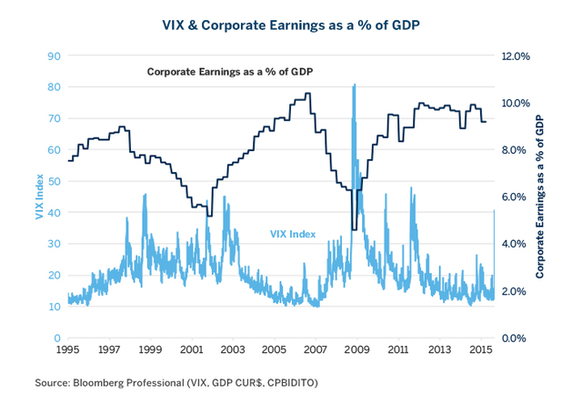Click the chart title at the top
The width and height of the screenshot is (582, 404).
tap(290, 19)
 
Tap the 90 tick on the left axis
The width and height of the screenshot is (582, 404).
tap(54, 56)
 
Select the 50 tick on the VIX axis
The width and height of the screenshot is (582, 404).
tap(54, 181)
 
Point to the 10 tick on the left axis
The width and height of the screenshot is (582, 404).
tap(54, 307)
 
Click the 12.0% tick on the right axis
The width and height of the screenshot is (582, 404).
tap(517, 56)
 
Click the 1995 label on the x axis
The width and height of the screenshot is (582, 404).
tap(68, 349)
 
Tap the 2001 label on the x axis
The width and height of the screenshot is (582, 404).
tap(192, 349)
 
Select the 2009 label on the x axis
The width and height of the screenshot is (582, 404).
tap(356, 349)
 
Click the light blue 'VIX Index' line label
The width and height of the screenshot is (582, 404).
tap(293, 234)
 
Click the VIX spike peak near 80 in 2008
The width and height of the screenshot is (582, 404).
tap(353, 85)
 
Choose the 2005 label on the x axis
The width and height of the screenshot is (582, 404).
tap(275, 349)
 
